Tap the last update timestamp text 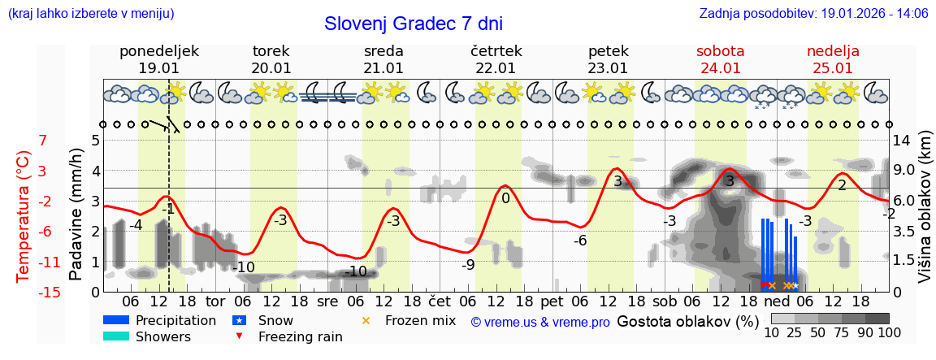813,13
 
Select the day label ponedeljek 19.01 158,59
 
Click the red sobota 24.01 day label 720,59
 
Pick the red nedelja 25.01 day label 833,59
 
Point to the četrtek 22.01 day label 496,59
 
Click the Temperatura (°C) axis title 24,216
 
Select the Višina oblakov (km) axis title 925,210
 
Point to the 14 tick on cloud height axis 903,140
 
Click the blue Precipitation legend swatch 117,320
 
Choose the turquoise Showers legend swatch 117,336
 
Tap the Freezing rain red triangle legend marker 239,336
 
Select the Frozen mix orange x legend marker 366,320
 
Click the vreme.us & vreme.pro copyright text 540,323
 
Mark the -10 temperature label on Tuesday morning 243,267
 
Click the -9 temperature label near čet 468,264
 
